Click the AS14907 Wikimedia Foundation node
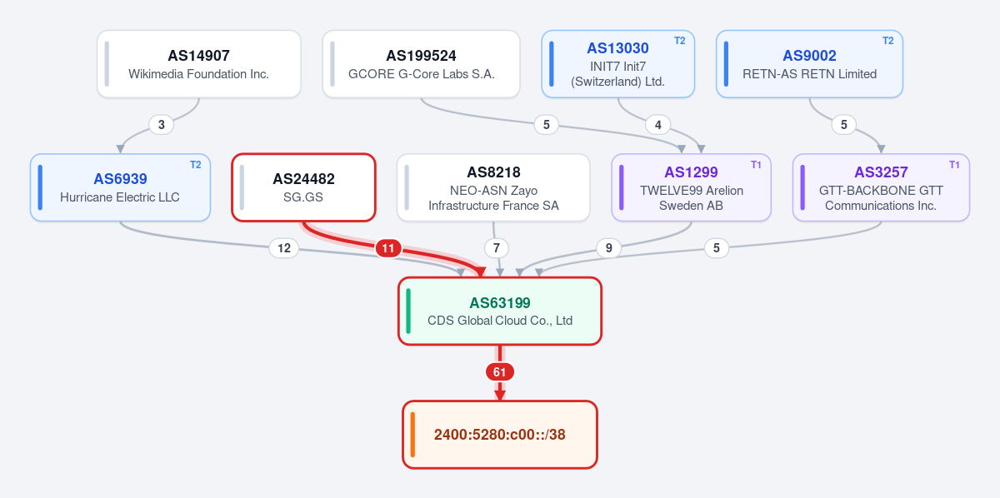(198, 64)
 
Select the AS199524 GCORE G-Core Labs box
(421, 64)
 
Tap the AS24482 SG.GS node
(303, 187)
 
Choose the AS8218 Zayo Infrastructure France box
(493, 187)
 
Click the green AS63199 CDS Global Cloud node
(500, 311)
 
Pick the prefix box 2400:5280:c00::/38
(500, 435)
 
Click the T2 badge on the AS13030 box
(679, 41)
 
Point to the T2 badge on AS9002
(888, 41)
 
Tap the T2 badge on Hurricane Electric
(196, 165)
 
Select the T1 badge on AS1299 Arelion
(756, 165)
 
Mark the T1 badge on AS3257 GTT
(954, 165)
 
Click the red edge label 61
(499, 371)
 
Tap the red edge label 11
(388, 248)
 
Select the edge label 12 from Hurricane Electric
(284, 248)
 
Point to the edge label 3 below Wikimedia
(161, 125)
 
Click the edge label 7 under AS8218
(497, 248)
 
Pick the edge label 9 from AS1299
(608, 248)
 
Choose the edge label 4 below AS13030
(658, 125)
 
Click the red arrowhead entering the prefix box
(499, 396)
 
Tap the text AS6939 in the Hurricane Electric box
(120, 179)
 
